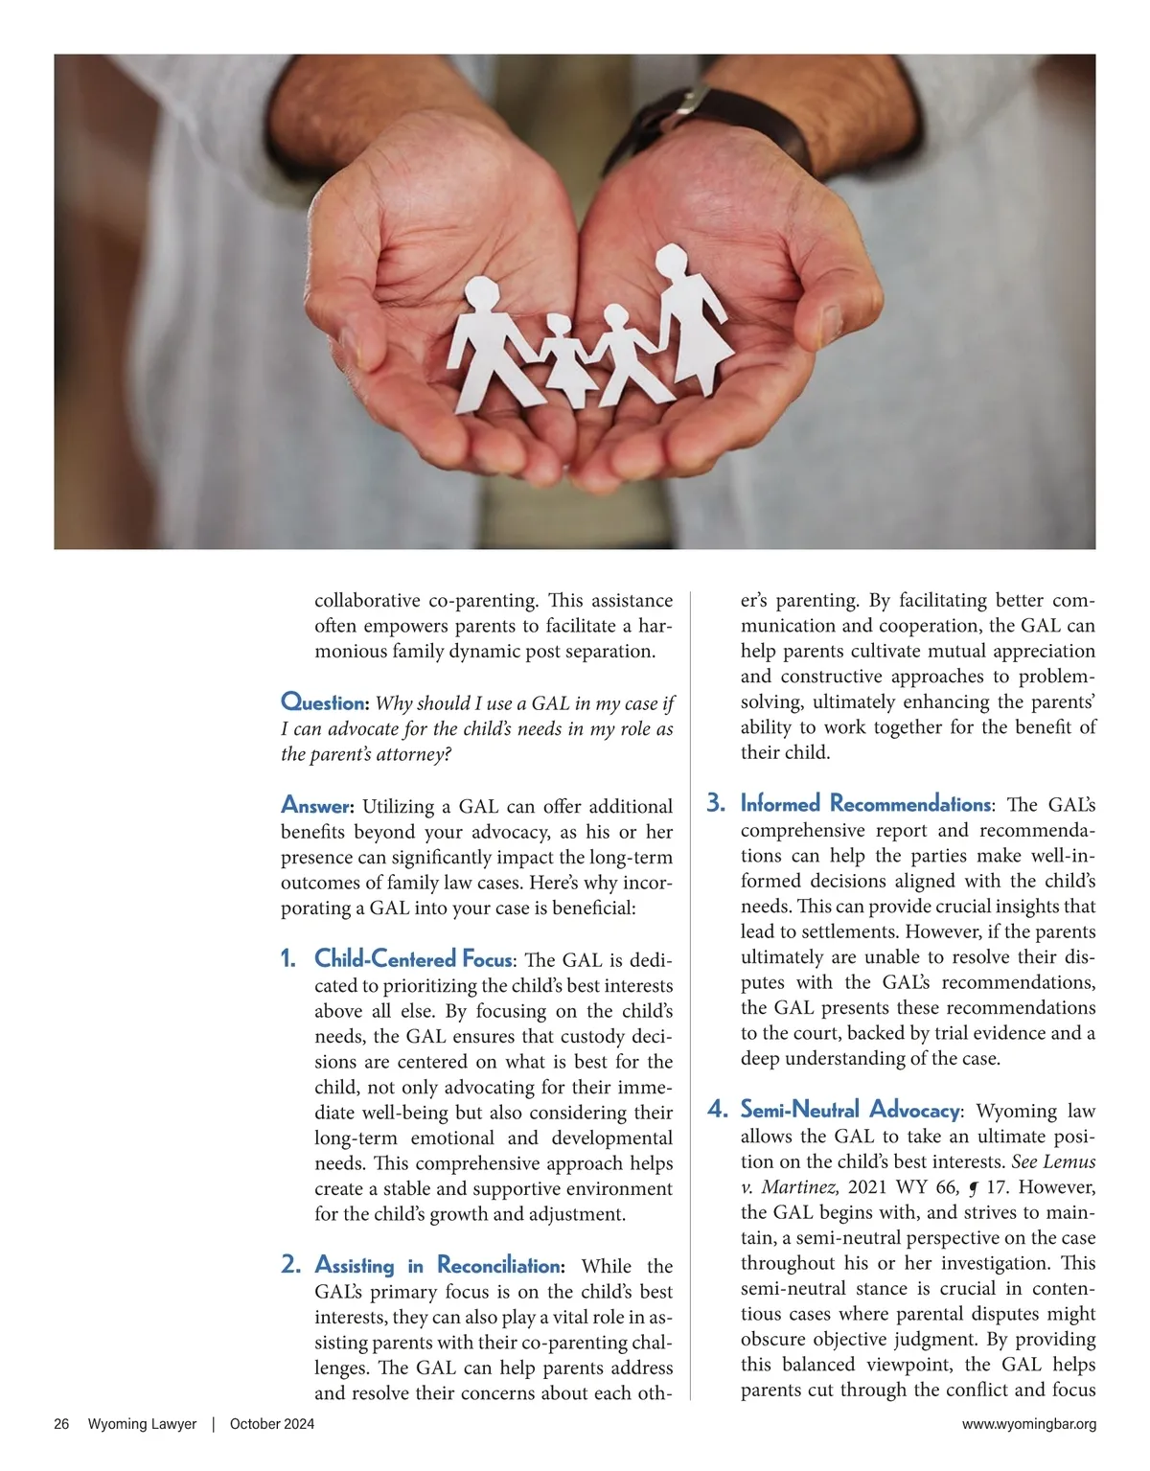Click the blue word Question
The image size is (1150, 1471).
pos(324,702)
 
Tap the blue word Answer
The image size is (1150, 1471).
pos(317,805)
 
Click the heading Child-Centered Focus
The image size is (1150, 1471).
pos(413,959)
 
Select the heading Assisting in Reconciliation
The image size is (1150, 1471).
pos(439,1266)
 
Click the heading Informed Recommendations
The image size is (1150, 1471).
pos(865,804)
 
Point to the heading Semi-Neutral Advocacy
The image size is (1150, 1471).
pos(849,1111)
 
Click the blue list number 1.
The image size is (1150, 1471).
pos(288,959)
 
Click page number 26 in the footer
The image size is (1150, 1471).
pos(61,1424)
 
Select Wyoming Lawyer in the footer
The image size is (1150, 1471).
pos(142,1424)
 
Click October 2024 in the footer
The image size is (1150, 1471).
pos(272,1424)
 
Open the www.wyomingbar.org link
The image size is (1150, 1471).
pos(1029,1424)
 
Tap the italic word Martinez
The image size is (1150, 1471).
pos(800,1187)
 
